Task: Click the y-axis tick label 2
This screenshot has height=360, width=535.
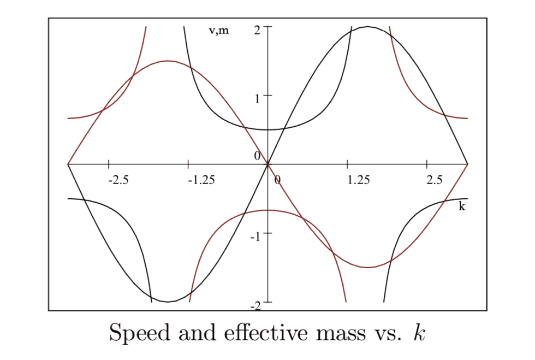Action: (x=257, y=29)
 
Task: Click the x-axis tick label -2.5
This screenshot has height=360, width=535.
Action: (x=118, y=180)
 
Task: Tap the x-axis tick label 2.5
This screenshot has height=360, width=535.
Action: (x=435, y=180)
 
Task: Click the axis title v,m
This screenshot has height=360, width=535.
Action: (x=219, y=31)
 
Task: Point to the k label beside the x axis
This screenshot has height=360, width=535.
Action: (x=462, y=206)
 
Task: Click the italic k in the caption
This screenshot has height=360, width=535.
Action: (x=419, y=332)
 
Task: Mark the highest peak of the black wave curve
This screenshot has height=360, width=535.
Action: (x=368, y=27)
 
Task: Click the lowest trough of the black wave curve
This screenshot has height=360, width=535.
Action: (x=168, y=302)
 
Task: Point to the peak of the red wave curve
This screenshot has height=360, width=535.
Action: (x=168, y=61)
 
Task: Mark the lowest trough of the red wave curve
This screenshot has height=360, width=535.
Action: (x=368, y=267)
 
